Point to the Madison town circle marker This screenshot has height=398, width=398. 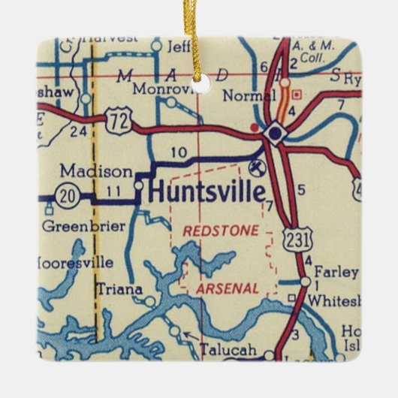(x=138, y=184)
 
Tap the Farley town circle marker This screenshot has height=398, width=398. (x=304, y=282)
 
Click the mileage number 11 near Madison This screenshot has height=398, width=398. (x=113, y=191)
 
